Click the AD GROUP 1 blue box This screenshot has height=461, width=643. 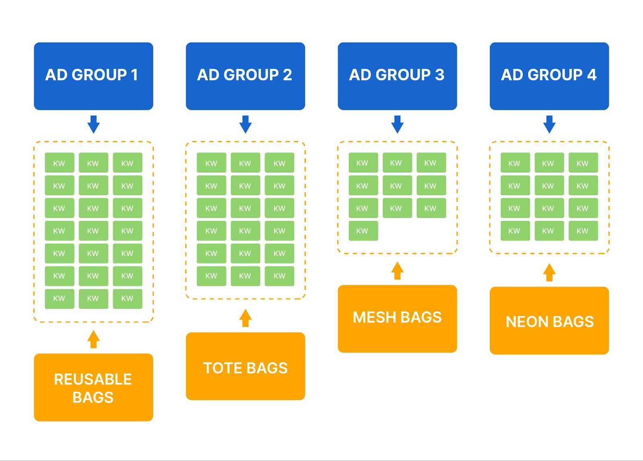click(x=93, y=76)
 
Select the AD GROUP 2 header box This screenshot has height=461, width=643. click(x=246, y=76)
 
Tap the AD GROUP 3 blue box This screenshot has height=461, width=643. click(x=397, y=76)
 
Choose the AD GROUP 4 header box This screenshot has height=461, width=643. click(x=549, y=76)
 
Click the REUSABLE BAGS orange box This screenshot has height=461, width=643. click(x=93, y=387)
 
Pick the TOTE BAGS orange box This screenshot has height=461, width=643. click(x=246, y=366)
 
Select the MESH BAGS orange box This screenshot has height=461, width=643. click(x=397, y=319)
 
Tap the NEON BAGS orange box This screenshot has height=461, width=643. click(x=549, y=320)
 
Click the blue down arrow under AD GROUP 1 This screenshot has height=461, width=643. click(x=94, y=124)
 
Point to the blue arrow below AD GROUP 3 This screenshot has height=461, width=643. click(x=397, y=124)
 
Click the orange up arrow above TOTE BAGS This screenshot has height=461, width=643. click(x=246, y=318)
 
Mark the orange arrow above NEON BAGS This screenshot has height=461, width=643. click(x=549, y=272)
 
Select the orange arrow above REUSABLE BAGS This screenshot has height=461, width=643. click(x=94, y=339)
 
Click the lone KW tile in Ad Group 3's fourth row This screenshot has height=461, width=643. click(x=363, y=230)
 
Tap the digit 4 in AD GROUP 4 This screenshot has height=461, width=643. click(x=592, y=75)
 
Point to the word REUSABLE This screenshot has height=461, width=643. click(x=93, y=379)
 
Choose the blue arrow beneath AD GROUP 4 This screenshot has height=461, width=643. click(x=549, y=124)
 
